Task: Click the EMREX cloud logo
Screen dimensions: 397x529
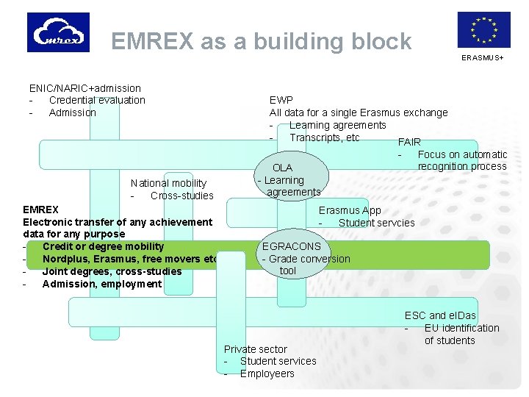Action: point(58,32)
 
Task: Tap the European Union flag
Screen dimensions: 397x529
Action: point(483,30)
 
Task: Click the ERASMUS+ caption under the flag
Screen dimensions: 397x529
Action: point(483,57)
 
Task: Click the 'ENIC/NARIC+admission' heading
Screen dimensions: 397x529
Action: point(84,88)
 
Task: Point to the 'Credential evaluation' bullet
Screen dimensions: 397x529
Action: point(97,100)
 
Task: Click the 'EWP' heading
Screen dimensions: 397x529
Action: point(281,100)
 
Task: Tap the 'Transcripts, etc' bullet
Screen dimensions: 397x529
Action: point(324,137)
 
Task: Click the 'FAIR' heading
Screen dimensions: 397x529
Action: point(409,142)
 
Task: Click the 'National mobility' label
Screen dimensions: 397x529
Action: point(168,183)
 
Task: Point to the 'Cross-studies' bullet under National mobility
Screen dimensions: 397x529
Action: point(181,196)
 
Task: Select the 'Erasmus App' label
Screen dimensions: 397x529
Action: point(350,210)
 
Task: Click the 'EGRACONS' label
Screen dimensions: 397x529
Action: point(292,246)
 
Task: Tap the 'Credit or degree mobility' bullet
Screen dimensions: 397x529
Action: point(103,246)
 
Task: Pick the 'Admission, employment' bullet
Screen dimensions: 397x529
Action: point(101,284)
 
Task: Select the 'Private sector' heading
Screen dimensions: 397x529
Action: point(255,348)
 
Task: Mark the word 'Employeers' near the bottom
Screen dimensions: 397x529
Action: point(267,373)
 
